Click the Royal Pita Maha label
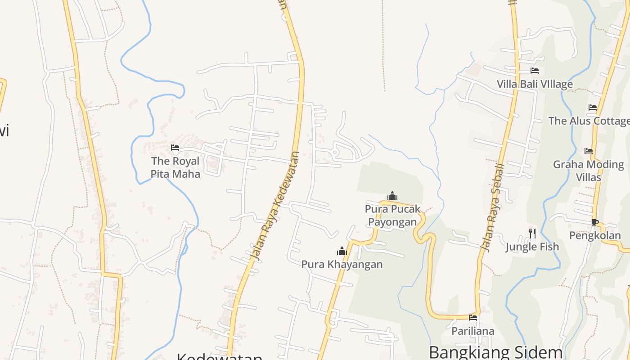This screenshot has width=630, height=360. (175, 167)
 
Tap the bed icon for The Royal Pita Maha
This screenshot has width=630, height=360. (175, 147)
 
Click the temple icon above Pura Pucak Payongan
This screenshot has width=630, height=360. (392, 196)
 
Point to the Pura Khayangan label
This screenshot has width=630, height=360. (342, 264)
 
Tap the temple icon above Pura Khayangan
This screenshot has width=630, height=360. (342, 251)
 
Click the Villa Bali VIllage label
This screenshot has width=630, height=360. (535, 84)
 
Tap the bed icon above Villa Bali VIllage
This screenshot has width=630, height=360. (535, 71)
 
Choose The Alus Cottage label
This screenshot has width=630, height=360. (589, 121)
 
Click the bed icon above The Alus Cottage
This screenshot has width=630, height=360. (593, 108)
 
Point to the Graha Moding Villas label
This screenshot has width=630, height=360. (589, 171)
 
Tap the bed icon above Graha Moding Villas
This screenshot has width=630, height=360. (589, 151)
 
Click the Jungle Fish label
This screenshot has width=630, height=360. (532, 247)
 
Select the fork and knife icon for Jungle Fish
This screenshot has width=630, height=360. (532, 233)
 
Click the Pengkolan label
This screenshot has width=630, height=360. (595, 235)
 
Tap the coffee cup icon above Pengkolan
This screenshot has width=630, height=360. (595, 222)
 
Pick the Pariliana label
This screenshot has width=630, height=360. (473, 331)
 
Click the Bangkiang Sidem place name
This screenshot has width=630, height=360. (495, 352)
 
